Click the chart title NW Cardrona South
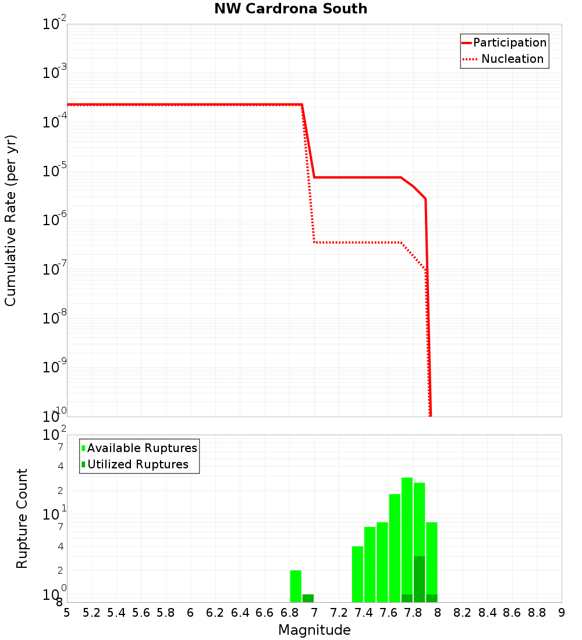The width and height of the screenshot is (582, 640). pyautogui.click(x=291, y=9)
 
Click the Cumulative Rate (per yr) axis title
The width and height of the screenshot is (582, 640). pyautogui.click(x=10, y=220)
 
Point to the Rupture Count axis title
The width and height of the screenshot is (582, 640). pyautogui.click(x=22, y=518)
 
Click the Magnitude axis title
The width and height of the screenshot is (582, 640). pyautogui.click(x=314, y=630)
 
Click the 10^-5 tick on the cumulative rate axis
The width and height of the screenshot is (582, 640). pyautogui.click(x=55, y=172)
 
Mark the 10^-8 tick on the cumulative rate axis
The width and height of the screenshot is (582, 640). pyautogui.click(x=55, y=319)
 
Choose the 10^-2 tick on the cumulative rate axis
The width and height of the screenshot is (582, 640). pyautogui.click(x=55, y=26)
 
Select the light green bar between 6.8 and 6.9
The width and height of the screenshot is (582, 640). pyautogui.click(x=296, y=586)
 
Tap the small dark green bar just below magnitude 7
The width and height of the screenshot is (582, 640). pyautogui.click(x=308, y=598)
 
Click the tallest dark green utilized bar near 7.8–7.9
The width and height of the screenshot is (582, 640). pyautogui.click(x=419, y=579)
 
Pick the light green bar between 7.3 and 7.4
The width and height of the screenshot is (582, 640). pyautogui.click(x=357, y=574)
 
